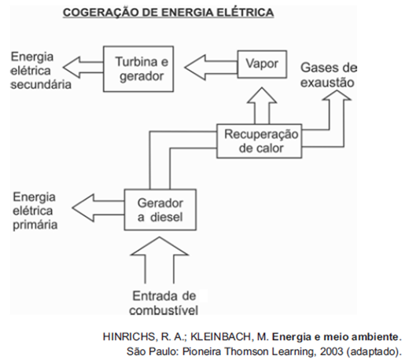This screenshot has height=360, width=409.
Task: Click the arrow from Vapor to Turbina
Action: [x=211, y=68]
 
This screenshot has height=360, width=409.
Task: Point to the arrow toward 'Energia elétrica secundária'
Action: [x=83, y=68]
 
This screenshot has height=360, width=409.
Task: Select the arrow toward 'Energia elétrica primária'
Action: [x=98, y=208]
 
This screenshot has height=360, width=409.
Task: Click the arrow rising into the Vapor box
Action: [x=262, y=106]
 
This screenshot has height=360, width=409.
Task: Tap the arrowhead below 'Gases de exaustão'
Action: [x=337, y=95]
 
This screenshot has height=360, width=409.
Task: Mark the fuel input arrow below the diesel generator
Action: [x=160, y=260]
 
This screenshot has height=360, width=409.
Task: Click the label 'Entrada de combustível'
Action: [x=164, y=303]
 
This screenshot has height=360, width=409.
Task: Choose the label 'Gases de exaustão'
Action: [x=329, y=75]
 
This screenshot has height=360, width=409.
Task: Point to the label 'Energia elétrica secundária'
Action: [x=41, y=71]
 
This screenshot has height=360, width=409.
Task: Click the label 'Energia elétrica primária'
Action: [x=35, y=211]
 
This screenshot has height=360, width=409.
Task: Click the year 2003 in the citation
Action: [x=331, y=351]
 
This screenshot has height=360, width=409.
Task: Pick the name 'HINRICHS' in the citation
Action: [x=130, y=336]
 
